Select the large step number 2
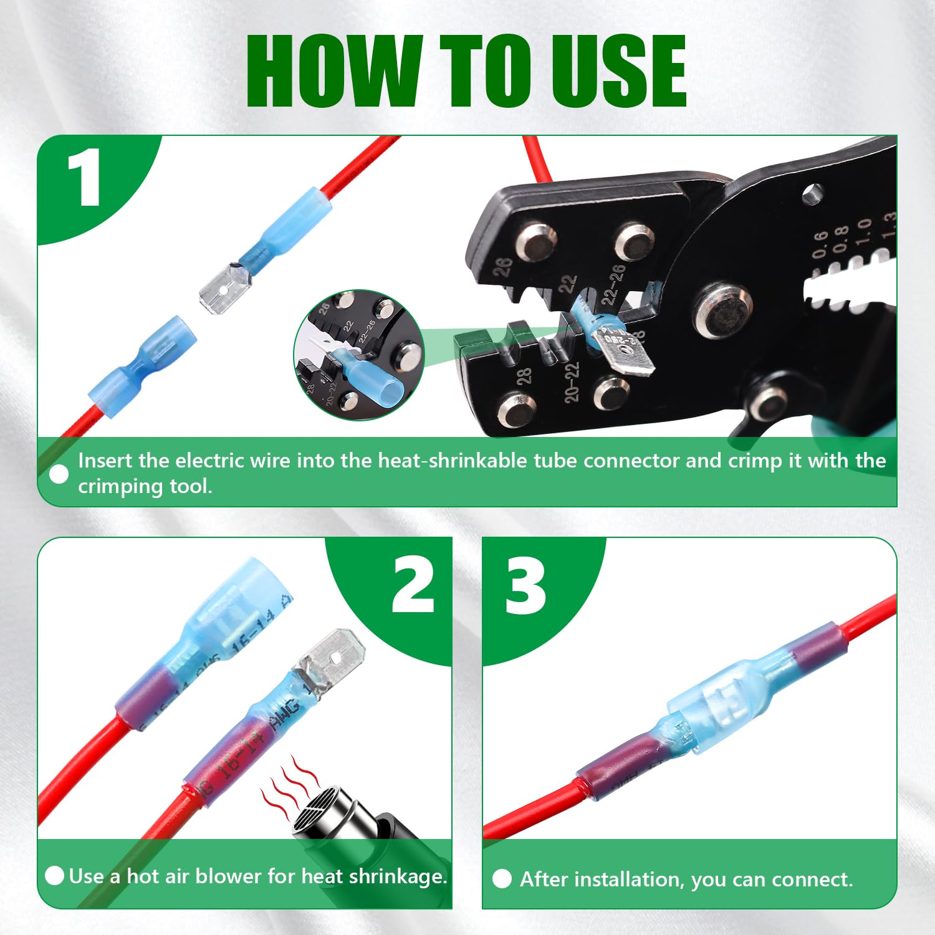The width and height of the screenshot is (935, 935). click(413, 586)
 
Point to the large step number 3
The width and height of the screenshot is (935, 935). click(525, 586)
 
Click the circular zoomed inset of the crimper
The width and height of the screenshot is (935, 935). click(358, 355)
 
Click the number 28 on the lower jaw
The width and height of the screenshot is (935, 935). click(524, 376)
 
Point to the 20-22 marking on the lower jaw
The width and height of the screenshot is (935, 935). click(572, 382)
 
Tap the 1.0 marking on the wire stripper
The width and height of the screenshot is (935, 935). click(863, 231)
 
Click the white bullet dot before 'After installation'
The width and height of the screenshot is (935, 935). click(502, 879)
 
